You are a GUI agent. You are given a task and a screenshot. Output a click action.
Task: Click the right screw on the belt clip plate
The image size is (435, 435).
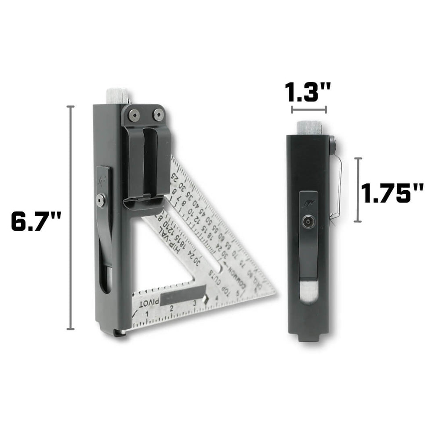(157, 115)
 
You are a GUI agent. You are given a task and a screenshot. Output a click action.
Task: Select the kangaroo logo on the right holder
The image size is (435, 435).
(308, 204)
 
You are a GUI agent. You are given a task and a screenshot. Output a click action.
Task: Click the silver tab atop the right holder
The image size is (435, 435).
(309, 127)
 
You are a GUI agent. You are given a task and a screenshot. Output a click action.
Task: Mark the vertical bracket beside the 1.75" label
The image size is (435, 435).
(359, 190)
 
